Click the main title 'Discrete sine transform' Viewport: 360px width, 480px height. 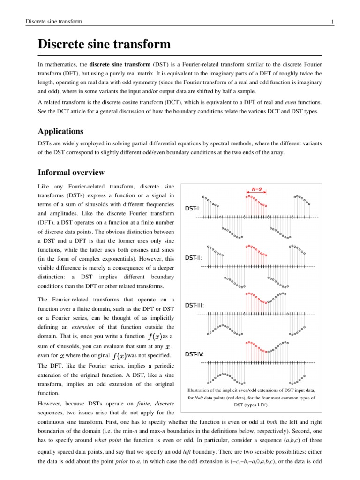pos(104,45)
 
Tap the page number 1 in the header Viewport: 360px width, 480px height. pos(332,22)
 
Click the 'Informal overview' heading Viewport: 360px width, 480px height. pos(71,172)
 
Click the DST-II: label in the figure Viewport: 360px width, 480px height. pos(194,257)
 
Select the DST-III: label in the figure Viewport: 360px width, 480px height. pos(195,305)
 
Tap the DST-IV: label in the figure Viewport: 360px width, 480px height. pos(195,353)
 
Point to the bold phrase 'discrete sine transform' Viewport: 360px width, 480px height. pos(119,64)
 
